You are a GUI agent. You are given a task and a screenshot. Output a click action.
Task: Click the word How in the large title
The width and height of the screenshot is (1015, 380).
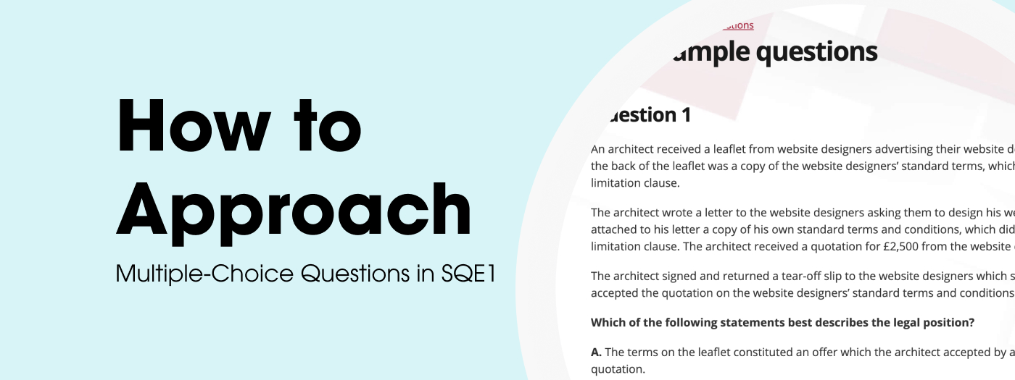[191, 127]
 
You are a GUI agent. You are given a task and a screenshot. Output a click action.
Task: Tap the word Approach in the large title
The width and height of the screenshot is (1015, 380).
[294, 210]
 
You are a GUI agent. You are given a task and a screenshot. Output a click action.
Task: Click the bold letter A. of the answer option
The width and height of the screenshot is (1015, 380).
[596, 352]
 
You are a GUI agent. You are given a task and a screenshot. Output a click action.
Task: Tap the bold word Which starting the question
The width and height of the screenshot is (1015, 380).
[608, 323]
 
